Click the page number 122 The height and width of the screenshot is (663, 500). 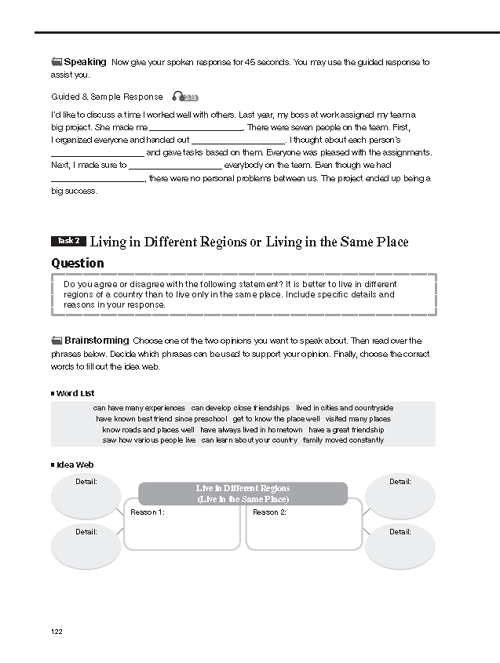click(x=57, y=631)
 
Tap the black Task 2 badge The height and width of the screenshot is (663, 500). click(x=68, y=241)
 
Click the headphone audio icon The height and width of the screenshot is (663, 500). click(x=185, y=97)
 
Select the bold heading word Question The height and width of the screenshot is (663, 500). click(x=78, y=263)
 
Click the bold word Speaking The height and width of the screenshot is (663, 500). click(x=85, y=62)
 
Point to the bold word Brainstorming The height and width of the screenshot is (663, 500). click(x=96, y=340)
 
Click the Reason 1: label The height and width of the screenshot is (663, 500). click(x=147, y=512)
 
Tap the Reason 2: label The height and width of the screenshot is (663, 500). click(x=269, y=512)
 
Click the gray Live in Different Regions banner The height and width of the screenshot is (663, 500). click(x=243, y=493)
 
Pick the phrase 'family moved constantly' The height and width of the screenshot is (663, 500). click(x=343, y=440)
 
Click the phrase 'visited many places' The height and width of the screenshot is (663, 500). click(x=358, y=419)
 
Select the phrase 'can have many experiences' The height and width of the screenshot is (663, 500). click(x=139, y=408)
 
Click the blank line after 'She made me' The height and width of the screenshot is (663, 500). click(x=196, y=130)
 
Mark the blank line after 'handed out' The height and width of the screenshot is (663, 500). click(x=239, y=143)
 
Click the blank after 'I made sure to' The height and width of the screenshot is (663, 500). click(x=175, y=168)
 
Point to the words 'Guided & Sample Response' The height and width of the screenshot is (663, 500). click(x=107, y=97)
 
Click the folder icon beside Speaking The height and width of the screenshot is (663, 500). click(x=57, y=62)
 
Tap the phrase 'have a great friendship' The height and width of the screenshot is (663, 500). click(x=346, y=430)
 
